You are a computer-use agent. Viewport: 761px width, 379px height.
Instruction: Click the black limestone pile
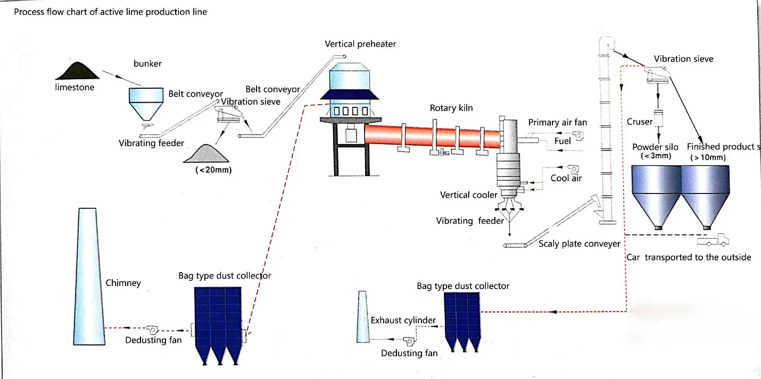78,71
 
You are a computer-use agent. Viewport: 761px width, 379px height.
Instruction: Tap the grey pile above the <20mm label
206,154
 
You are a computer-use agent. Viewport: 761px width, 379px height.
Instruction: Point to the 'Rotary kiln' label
451,108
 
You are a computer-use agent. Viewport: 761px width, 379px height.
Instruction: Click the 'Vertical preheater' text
360,44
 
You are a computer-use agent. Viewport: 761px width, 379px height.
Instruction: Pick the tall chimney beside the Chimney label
89,276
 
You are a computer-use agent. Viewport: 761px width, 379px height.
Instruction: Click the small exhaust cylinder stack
362,317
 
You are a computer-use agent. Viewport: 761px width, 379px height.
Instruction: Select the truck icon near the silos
713,240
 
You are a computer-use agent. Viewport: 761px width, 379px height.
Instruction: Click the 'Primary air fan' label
558,122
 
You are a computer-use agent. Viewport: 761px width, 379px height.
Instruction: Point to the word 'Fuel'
563,141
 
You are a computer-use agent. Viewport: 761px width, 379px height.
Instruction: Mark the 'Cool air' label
566,178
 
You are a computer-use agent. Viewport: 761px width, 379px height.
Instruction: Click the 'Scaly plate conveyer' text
579,243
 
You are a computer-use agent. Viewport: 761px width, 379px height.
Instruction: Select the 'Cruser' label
639,122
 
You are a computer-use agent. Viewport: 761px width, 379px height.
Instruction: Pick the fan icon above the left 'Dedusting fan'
152,330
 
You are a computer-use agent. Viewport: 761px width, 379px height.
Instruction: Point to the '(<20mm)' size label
213,170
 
